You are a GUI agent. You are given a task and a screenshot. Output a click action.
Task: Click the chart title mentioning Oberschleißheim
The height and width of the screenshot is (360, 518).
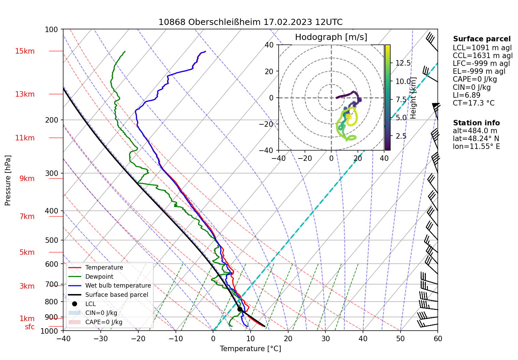(x=250, y=22)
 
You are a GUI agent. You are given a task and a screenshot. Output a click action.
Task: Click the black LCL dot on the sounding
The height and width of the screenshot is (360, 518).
(x=240, y=309)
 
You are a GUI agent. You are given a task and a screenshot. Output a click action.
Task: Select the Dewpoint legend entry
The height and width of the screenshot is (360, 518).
(x=99, y=277)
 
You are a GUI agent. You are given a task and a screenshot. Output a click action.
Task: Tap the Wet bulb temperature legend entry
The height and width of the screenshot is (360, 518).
(x=118, y=286)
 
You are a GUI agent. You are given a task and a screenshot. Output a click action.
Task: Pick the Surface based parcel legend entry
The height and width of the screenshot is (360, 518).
(x=116, y=295)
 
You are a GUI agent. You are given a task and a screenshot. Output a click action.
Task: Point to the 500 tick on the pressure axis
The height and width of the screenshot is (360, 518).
(x=52, y=240)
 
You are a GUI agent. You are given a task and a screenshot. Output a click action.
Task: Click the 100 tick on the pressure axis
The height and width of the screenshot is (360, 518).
(x=52, y=29)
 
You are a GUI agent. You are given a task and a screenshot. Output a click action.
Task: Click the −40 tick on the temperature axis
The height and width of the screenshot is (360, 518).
(x=63, y=338)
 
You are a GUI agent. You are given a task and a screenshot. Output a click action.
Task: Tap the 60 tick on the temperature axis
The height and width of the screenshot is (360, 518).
(x=438, y=338)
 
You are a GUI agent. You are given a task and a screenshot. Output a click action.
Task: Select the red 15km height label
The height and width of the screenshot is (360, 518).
(x=25, y=51)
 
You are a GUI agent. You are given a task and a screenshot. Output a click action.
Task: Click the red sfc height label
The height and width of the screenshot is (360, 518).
(x=30, y=327)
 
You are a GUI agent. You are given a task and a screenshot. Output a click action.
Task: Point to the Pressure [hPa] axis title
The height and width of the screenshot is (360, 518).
(x=8, y=180)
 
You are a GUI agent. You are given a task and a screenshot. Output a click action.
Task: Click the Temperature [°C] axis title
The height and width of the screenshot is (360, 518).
(x=250, y=349)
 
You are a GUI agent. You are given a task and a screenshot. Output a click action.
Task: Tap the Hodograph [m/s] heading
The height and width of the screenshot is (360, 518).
(x=331, y=37)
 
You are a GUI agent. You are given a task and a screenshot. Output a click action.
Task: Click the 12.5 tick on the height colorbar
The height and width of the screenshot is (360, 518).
(x=403, y=63)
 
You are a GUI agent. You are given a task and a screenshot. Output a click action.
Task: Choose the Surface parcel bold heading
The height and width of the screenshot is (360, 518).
(x=482, y=39)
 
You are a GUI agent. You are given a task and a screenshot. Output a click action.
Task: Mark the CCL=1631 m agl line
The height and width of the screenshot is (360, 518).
(x=482, y=55)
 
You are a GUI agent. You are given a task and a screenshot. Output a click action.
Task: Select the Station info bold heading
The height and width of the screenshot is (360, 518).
(x=476, y=123)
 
